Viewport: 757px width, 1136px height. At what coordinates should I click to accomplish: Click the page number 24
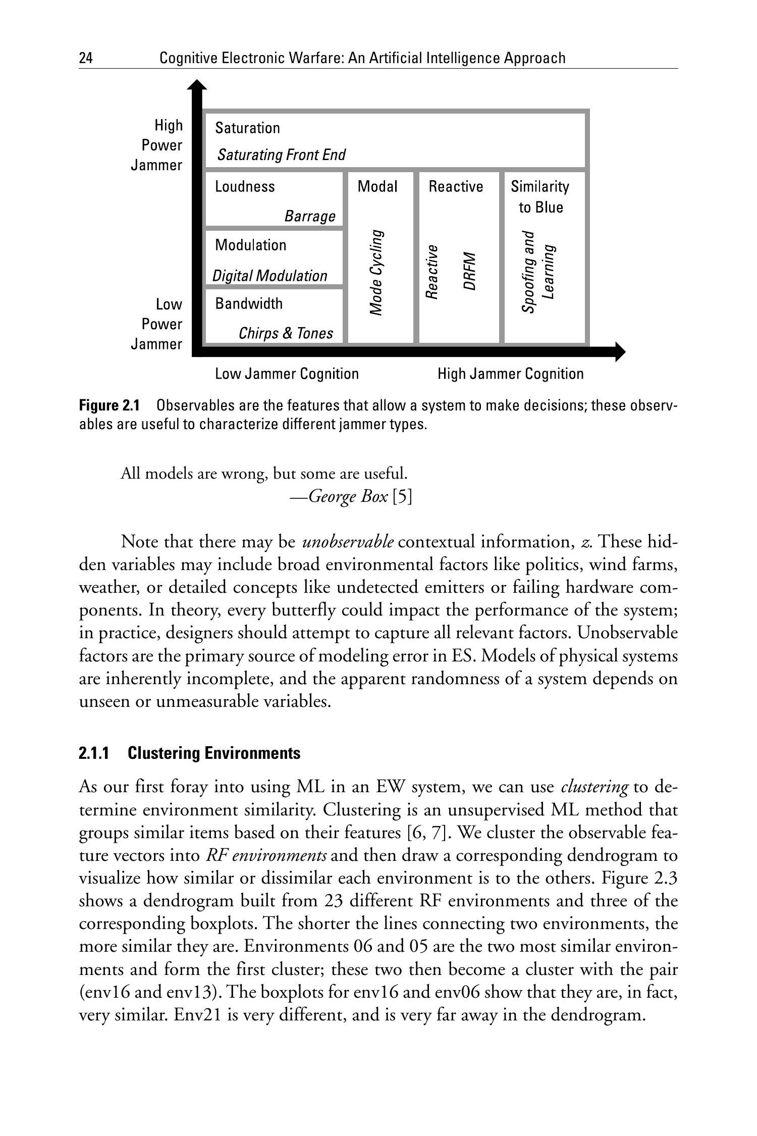coord(86,59)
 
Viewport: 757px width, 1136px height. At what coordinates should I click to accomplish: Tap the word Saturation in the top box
coord(247,128)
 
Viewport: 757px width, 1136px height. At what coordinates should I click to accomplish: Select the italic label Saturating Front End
coord(281,154)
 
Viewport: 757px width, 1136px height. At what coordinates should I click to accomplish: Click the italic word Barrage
coord(310,216)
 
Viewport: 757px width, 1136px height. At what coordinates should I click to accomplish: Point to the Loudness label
coord(245,186)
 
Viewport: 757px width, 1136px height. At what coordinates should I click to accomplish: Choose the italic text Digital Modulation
coord(269,276)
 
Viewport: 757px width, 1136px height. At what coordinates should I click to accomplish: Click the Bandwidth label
coord(249,303)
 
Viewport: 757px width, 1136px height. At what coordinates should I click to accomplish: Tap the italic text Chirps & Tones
coord(286,333)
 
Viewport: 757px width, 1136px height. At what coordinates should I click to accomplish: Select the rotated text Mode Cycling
coord(376,273)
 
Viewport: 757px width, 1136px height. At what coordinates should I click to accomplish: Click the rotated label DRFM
coord(469,271)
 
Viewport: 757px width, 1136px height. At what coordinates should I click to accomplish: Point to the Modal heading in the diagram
coord(377,186)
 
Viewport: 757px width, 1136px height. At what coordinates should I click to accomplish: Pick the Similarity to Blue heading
coord(540,197)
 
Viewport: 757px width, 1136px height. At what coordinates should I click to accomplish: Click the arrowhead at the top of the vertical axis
coord(197,86)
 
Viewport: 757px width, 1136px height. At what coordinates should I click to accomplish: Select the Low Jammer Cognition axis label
coord(287,374)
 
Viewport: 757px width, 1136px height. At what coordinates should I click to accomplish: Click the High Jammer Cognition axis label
coord(510,374)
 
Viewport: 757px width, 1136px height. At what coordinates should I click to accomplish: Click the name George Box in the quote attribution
coord(348,497)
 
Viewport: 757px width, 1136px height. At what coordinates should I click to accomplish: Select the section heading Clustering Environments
coord(213,753)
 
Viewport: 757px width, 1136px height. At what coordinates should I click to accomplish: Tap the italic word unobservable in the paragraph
coord(348,542)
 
